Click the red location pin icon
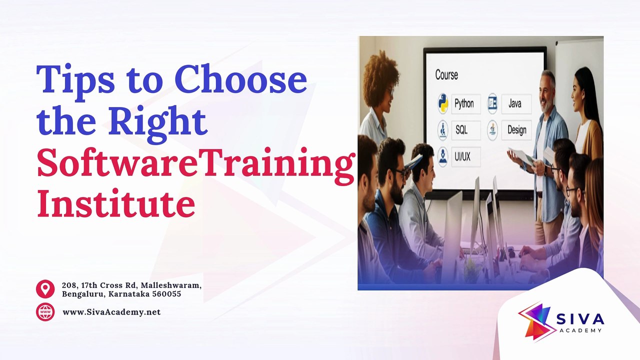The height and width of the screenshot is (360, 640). click(x=45, y=289)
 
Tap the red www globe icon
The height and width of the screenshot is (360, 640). click(x=45, y=312)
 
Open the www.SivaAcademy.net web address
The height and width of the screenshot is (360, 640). click(x=111, y=312)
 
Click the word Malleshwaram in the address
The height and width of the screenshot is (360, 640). click(x=171, y=285)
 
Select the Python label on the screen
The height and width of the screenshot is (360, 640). click(x=464, y=103)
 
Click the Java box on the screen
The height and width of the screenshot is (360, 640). click(x=516, y=103)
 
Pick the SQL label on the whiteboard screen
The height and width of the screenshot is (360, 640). click(x=461, y=130)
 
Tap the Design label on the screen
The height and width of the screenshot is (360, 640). click(x=517, y=130)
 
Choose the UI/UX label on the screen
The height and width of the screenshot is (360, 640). click(x=462, y=157)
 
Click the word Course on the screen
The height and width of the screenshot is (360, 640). click(x=446, y=75)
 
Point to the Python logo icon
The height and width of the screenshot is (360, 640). click(x=442, y=103)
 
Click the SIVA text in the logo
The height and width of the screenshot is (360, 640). click(x=580, y=319)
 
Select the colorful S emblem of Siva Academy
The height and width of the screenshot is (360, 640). click(x=535, y=321)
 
